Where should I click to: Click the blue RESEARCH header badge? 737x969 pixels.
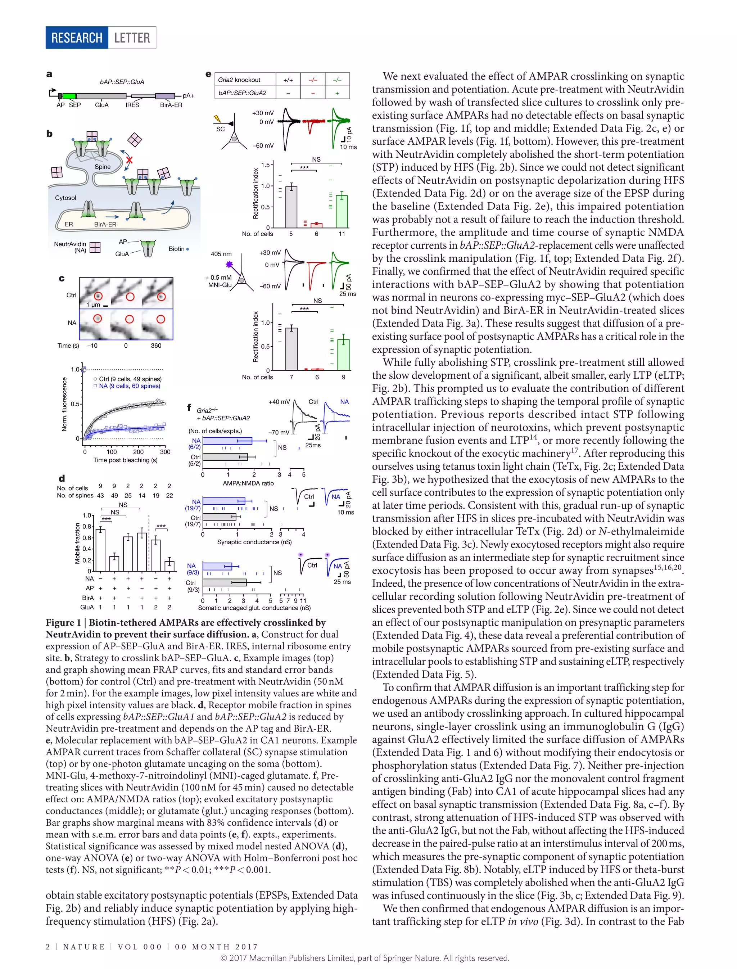pos(77,38)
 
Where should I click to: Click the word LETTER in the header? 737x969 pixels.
pos(132,38)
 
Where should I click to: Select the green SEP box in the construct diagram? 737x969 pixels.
pos(69,96)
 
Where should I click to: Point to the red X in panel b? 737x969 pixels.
pos(129,160)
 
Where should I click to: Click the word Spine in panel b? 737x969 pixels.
pos(103,167)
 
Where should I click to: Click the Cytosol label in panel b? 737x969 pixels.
pos(65,198)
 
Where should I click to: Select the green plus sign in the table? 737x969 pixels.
pos(337,93)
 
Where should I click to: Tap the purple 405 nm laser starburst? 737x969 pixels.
pos(229,264)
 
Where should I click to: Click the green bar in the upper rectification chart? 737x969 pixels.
pos(342,212)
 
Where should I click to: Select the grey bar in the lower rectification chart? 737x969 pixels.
pos(291,349)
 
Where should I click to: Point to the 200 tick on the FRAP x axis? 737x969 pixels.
pos(138,452)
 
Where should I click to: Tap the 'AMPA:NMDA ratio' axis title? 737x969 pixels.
pos(248,483)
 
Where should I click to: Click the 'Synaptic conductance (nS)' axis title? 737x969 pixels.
pos(254,542)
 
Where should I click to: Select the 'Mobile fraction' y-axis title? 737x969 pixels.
pos(78,543)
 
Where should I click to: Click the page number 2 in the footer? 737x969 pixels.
pos(48,947)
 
